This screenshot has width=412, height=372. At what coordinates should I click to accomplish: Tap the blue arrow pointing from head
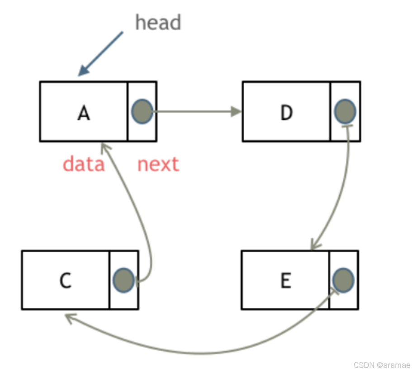click(x=101, y=53)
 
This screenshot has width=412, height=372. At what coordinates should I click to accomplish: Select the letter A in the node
click(x=84, y=113)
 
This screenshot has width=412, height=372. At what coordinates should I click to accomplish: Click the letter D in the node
click(x=286, y=113)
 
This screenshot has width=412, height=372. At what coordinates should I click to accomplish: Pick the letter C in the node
click(x=66, y=281)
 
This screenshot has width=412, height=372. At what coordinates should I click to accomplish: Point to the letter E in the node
click(x=285, y=281)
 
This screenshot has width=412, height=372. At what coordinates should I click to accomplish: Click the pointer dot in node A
click(x=142, y=111)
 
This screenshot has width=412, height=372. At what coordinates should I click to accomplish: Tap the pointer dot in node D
click(x=345, y=111)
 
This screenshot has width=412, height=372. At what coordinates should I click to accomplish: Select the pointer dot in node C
click(x=123, y=279)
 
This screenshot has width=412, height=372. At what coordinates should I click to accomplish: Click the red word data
click(x=84, y=164)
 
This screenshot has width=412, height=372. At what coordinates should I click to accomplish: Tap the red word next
click(x=158, y=164)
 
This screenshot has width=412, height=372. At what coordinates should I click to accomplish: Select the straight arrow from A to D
click(x=194, y=111)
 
